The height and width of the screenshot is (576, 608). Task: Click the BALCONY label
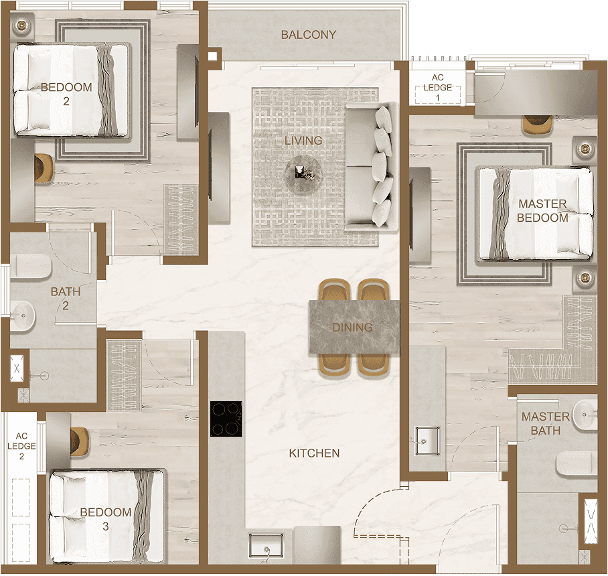click(x=308, y=35)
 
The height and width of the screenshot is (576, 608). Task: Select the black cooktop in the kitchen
click(x=226, y=419)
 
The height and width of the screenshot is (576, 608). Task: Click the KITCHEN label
click(x=314, y=453)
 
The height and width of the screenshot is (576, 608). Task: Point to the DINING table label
click(x=352, y=328)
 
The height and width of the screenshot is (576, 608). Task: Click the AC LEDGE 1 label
click(x=437, y=88)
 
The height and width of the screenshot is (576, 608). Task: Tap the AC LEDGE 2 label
click(x=21, y=446)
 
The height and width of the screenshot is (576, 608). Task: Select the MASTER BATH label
click(x=546, y=423)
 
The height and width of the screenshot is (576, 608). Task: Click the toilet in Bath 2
click(x=31, y=266)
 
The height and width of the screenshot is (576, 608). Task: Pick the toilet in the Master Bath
click(x=577, y=464)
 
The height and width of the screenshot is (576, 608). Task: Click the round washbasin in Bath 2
click(x=23, y=315)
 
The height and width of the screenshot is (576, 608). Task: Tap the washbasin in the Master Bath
click(x=585, y=415)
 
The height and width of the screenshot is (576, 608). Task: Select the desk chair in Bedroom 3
click(x=80, y=441)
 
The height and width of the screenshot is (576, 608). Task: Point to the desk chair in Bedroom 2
click(x=44, y=167)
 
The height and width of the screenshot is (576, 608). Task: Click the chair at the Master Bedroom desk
click(x=537, y=125)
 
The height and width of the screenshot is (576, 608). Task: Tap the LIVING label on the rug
click(x=303, y=141)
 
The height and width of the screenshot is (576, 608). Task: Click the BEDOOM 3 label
click(x=106, y=519)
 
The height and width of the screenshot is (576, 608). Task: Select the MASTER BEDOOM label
click(x=542, y=210)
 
